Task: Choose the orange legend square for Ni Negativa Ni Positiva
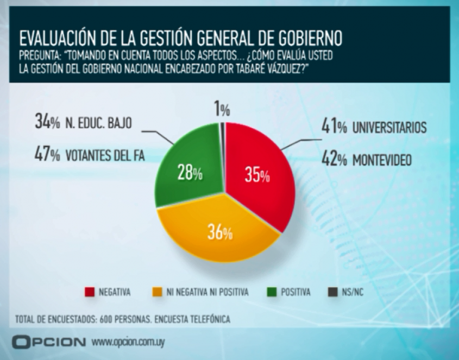coord(158,293)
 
